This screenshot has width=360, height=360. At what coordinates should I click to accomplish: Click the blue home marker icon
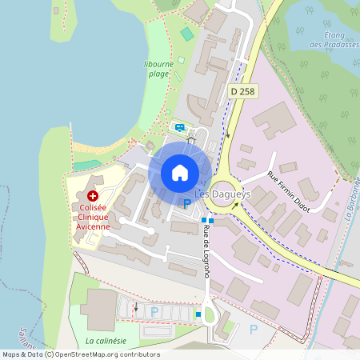point(180,172)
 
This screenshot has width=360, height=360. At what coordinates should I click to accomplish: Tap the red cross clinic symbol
point(93,195)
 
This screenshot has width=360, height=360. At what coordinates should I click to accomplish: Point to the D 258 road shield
point(244,91)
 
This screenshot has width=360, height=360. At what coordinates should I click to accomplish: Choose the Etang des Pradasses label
point(329,40)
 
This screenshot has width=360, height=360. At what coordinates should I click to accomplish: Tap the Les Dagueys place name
point(218,193)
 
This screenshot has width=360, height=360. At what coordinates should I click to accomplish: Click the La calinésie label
point(106,340)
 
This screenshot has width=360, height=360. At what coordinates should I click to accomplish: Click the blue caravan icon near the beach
point(180,126)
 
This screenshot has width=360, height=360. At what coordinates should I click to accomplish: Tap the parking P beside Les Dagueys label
point(187,205)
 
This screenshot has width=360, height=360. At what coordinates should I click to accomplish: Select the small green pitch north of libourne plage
point(187,34)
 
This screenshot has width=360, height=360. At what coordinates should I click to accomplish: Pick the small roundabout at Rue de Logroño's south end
point(210,314)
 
